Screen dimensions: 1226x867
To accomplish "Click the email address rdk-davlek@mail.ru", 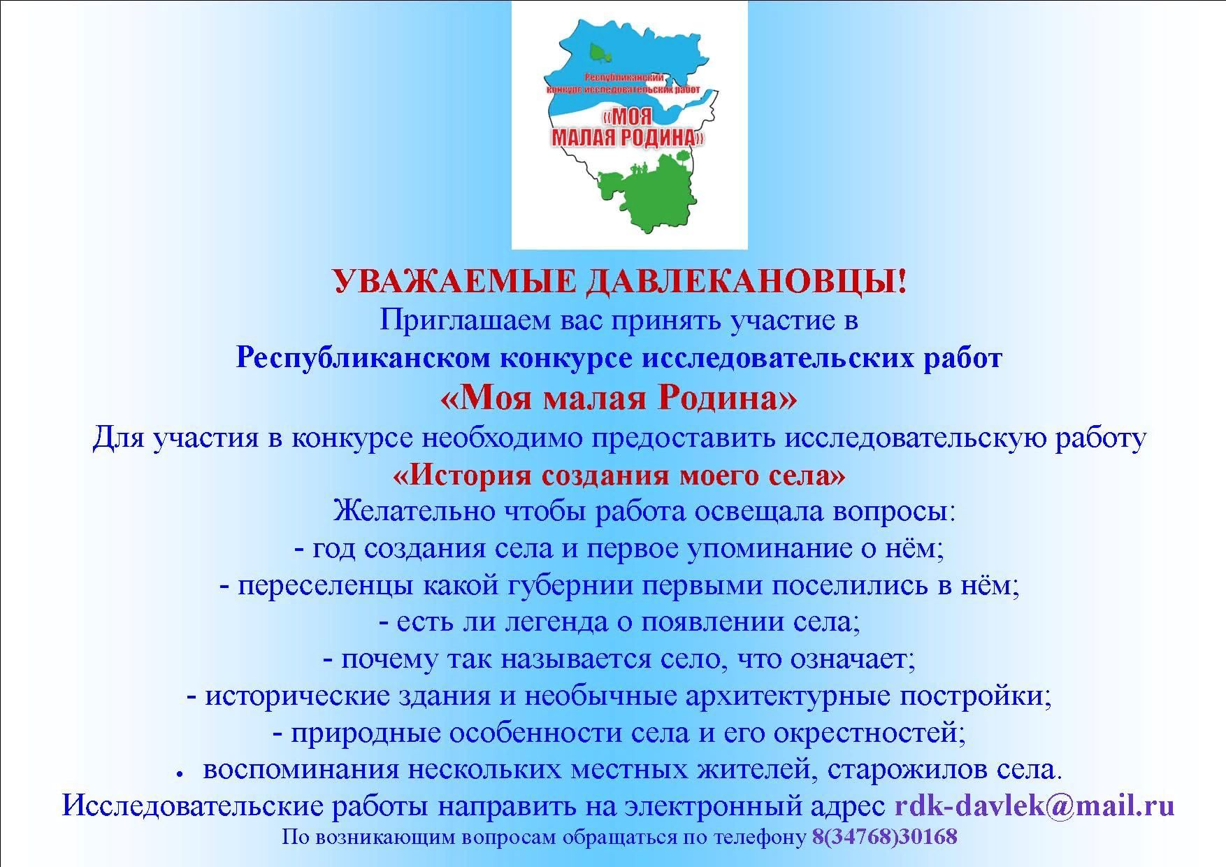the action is coord(1034,806).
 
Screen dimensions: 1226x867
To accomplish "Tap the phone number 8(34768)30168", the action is coord(884,837).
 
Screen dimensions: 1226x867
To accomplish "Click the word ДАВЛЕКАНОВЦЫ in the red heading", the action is coord(747,282).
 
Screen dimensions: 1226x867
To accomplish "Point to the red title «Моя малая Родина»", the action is coord(619,399).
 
